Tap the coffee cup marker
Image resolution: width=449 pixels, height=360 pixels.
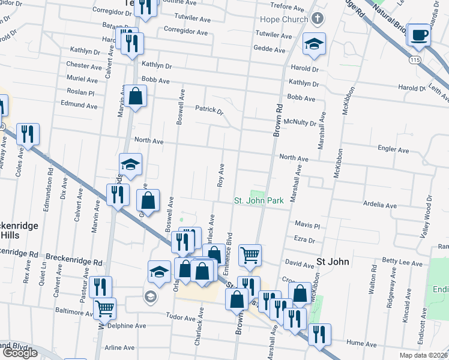pos(418,34)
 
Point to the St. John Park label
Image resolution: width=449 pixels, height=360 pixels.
pos(258,200)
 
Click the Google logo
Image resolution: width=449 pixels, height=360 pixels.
pos(19,353)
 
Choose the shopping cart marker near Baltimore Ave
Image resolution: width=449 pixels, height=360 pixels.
pos(105,308)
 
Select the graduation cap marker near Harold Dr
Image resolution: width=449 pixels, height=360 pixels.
pos(313,44)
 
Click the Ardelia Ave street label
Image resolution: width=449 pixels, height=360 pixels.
pos(380,205)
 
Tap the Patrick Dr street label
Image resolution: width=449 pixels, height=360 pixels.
pos(209,110)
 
